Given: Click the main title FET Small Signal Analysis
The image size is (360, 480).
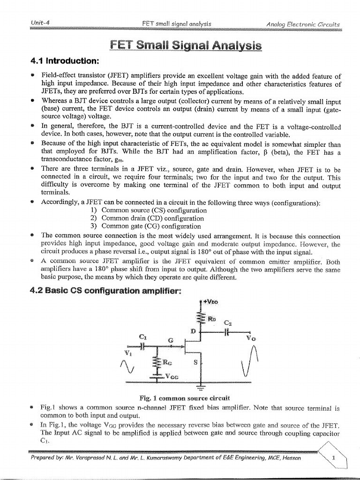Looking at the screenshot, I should pos(180,45).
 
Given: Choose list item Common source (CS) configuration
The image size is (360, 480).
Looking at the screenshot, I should pos(148,210).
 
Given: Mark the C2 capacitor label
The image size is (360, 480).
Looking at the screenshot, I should pos(228,323).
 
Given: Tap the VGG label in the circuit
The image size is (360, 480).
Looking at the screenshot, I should pos(171,376).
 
